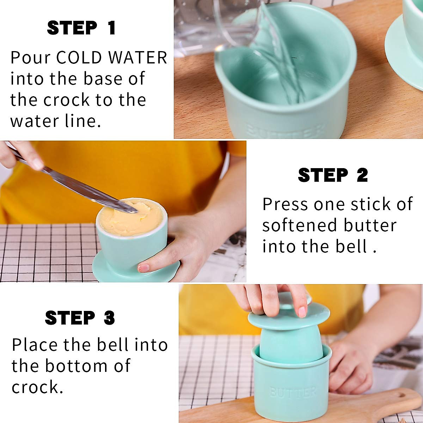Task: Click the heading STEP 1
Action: tap(81, 28)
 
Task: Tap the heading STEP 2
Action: tap(333, 175)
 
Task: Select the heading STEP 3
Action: tap(80, 318)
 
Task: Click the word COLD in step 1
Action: tap(79, 58)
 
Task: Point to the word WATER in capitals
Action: tap(137, 58)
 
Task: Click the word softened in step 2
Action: tap(300, 225)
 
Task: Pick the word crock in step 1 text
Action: tap(67, 100)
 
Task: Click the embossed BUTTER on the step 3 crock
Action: tap(293, 392)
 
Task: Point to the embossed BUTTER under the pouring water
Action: tap(286, 131)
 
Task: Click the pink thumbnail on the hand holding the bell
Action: tap(143, 268)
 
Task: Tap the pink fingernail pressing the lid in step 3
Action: tap(302, 312)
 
